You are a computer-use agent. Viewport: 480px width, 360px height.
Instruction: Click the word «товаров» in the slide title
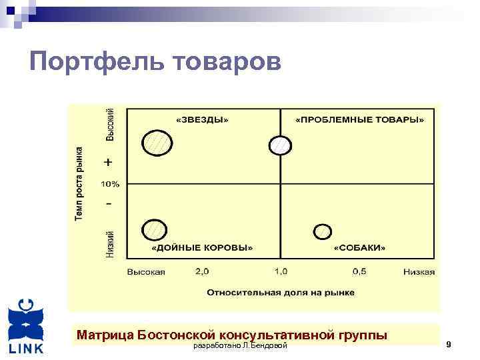pyautogui.click(x=227, y=63)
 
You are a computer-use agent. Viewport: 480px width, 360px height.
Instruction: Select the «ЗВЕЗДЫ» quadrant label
pyautogui.click(x=201, y=120)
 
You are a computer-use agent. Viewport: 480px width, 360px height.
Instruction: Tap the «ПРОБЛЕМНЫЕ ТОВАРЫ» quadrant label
pyautogui.click(x=360, y=120)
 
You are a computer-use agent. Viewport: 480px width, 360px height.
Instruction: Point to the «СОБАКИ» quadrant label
pyautogui.click(x=359, y=247)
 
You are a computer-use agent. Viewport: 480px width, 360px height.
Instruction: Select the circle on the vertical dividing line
pyautogui.click(x=281, y=145)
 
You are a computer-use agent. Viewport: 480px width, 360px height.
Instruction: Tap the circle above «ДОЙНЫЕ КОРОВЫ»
pyautogui.click(x=155, y=230)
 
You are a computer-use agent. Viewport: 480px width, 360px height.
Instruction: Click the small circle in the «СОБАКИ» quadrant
pyautogui.click(x=322, y=231)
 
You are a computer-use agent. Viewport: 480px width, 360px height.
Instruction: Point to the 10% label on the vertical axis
pyautogui.click(x=110, y=183)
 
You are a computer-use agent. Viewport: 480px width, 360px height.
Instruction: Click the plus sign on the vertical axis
pyautogui.click(x=109, y=162)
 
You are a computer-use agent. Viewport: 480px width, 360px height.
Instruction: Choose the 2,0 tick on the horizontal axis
pyautogui.click(x=202, y=271)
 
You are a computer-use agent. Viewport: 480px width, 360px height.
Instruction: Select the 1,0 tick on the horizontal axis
pyautogui.click(x=280, y=271)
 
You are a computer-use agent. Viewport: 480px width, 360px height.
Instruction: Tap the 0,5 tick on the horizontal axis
pyautogui.click(x=359, y=271)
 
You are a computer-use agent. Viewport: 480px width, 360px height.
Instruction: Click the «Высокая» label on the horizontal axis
pyautogui.click(x=146, y=272)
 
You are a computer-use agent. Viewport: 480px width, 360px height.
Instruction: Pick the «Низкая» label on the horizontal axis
pyautogui.click(x=419, y=272)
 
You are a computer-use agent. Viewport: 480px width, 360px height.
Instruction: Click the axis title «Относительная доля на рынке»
pyautogui.click(x=281, y=292)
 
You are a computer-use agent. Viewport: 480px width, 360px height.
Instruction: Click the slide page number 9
pyautogui.click(x=449, y=344)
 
